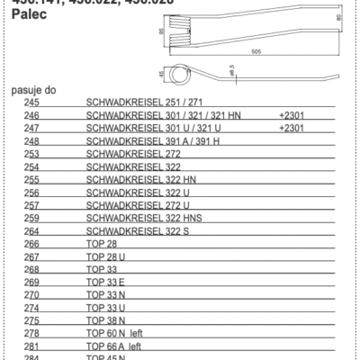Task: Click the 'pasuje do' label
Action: tap(33, 91)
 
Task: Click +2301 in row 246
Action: tap(294, 117)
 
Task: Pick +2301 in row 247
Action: tap(294, 130)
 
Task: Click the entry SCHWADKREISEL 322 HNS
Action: tap(140, 218)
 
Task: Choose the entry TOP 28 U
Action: tap(107, 256)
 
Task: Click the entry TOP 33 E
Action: tap(107, 282)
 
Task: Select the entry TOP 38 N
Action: tap(107, 319)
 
